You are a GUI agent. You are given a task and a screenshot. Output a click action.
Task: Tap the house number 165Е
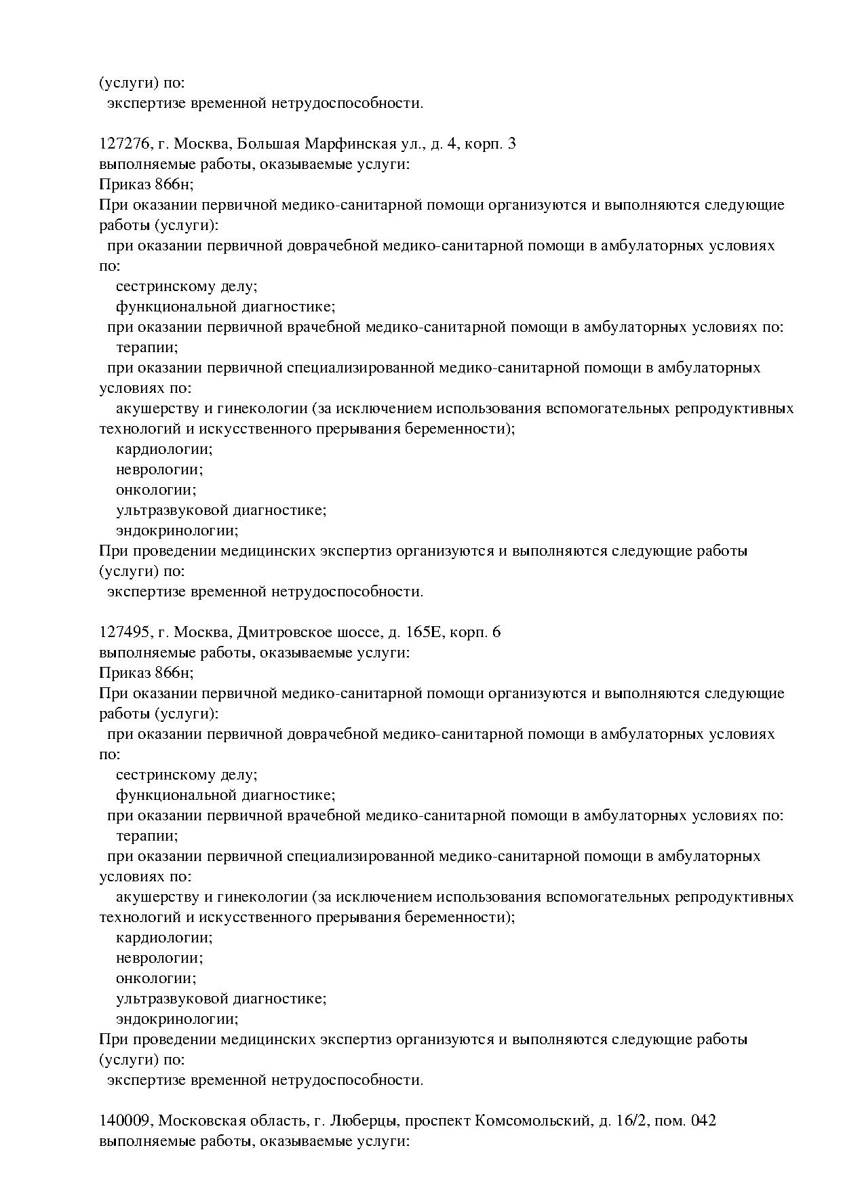pyautogui.click(x=424, y=632)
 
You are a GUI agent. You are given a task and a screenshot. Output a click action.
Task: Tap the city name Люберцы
pyautogui.click(x=366, y=1121)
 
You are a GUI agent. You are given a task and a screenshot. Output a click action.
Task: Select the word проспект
pyautogui.click(x=437, y=1121)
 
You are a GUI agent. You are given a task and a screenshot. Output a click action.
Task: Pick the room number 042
pyautogui.click(x=703, y=1121)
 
